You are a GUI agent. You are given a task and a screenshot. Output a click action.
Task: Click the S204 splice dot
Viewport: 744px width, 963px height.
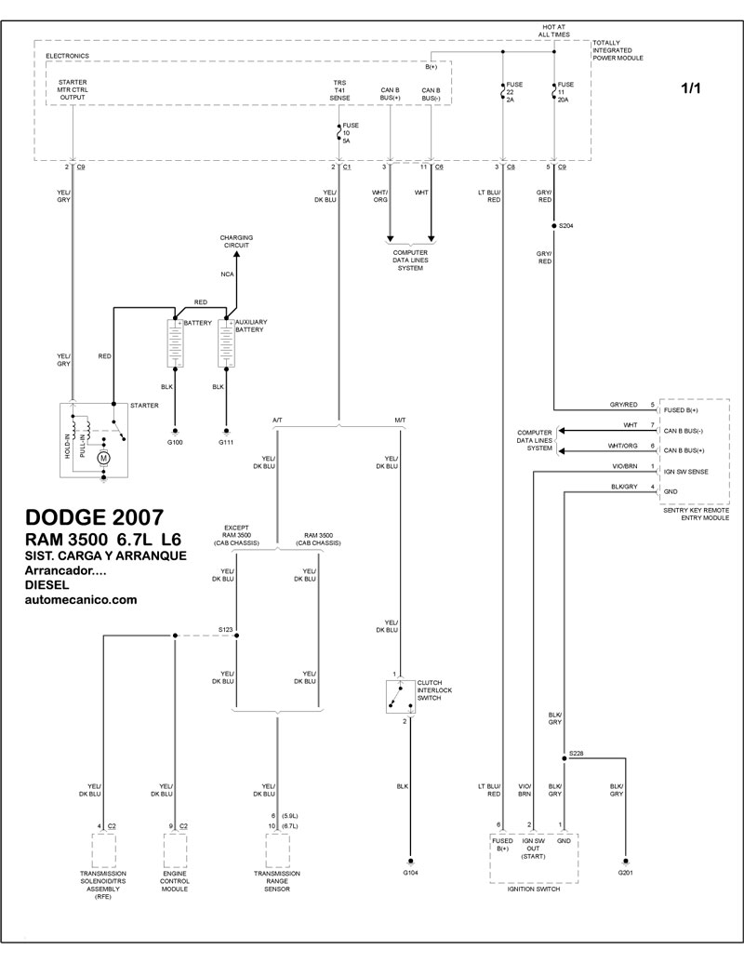(x=553, y=226)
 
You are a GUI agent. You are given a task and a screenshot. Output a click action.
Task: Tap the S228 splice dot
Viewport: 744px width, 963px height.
(x=564, y=758)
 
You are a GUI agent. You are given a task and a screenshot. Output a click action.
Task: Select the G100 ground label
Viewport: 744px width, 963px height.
(x=175, y=442)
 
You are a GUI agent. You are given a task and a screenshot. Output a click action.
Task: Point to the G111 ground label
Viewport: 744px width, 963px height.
(x=226, y=442)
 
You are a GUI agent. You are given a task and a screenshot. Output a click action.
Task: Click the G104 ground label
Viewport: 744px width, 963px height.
(x=410, y=873)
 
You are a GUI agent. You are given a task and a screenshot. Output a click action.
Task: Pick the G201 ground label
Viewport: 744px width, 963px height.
(x=626, y=873)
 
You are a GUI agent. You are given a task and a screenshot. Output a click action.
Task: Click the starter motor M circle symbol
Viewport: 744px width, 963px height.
(x=104, y=457)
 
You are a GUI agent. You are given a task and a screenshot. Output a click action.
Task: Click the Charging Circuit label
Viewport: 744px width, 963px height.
(x=236, y=241)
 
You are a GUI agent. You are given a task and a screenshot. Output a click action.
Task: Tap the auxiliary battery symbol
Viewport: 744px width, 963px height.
(x=227, y=342)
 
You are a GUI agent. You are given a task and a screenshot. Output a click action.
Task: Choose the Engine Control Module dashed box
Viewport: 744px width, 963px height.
(x=175, y=850)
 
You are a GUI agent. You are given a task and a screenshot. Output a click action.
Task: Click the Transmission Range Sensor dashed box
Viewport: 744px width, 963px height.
(x=277, y=850)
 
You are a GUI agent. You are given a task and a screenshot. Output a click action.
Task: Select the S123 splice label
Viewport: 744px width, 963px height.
(x=226, y=630)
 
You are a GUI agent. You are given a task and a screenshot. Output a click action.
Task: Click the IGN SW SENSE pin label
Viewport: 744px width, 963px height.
(x=685, y=472)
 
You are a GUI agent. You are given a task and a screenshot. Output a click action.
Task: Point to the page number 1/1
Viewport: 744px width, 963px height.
(x=691, y=88)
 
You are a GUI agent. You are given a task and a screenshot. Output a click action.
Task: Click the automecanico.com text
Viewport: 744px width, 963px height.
(x=81, y=600)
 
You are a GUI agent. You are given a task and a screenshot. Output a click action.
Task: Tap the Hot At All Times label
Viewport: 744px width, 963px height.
(x=553, y=31)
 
